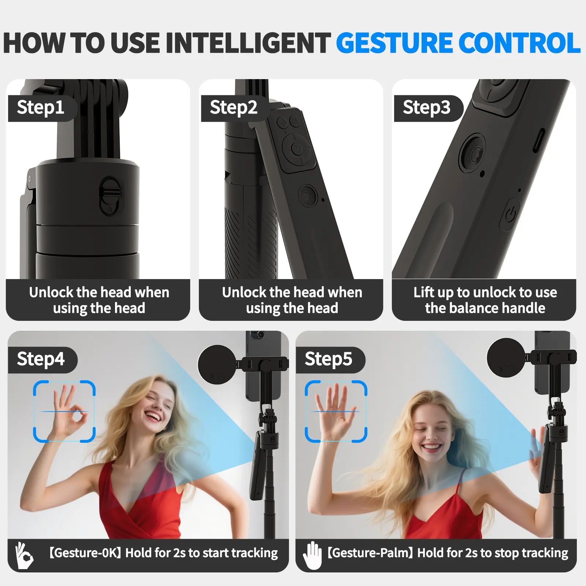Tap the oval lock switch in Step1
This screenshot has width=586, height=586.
(x=110, y=196)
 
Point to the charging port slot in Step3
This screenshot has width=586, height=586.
(x=538, y=141)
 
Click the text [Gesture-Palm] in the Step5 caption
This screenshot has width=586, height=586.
(x=371, y=553)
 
